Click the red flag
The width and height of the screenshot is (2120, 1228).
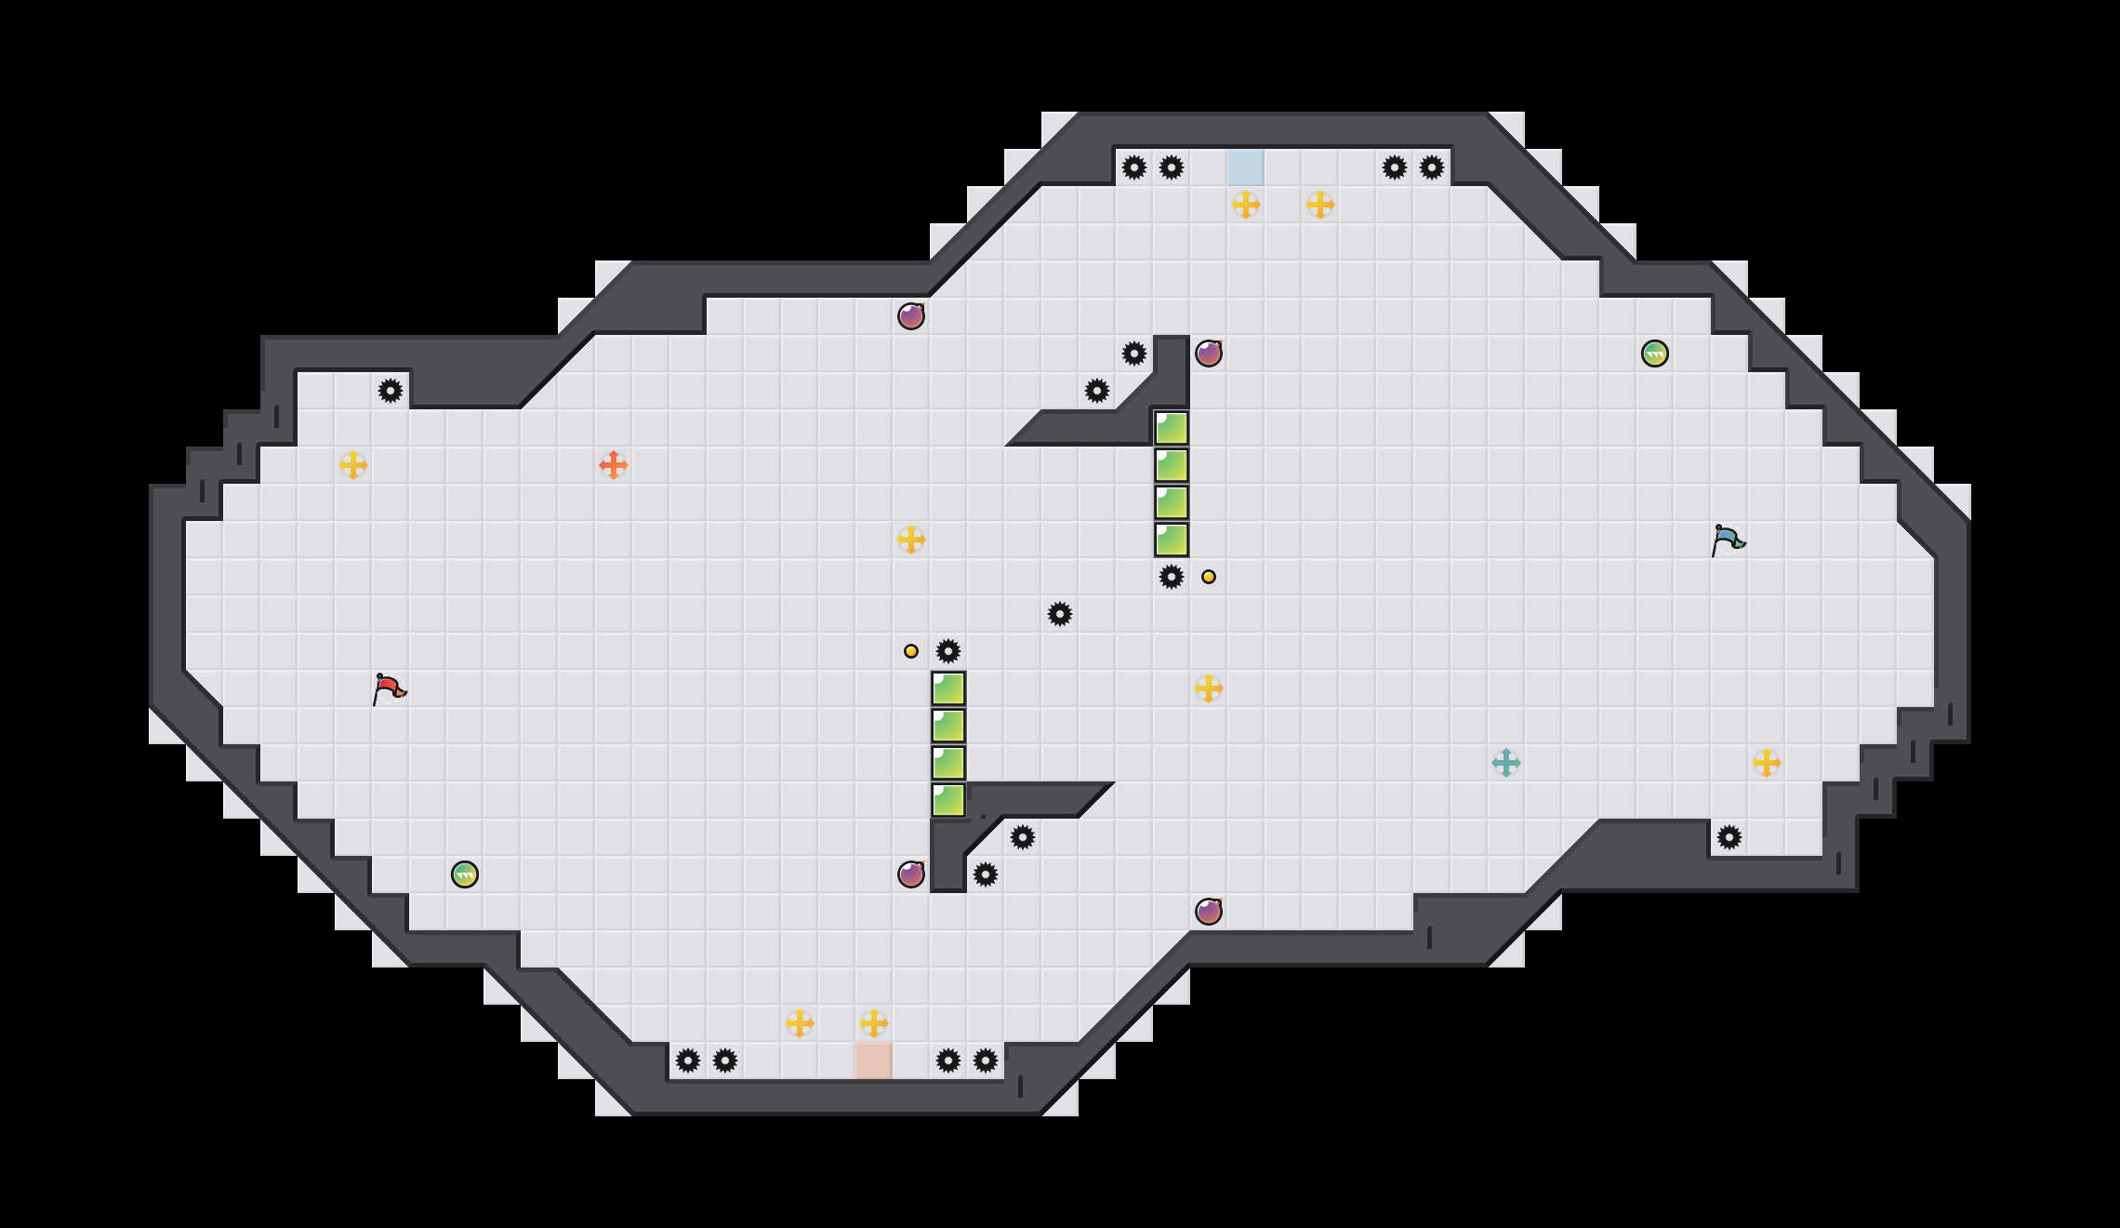pyautogui.click(x=389, y=689)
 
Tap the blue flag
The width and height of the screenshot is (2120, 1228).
pyautogui.click(x=1728, y=541)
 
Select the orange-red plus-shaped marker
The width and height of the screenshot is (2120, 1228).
pyautogui.click(x=614, y=465)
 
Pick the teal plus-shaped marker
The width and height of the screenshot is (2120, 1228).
pyautogui.click(x=1506, y=763)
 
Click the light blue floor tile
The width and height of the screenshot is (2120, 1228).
pyautogui.click(x=1246, y=167)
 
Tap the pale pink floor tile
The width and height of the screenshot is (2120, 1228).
pyautogui.click(x=874, y=1061)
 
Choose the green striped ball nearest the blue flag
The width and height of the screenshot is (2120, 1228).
pyautogui.click(x=1655, y=354)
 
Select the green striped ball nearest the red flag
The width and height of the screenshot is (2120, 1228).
pyautogui.click(x=465, y=874)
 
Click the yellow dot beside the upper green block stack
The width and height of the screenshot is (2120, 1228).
pyautogui.click(x=1209, y=577)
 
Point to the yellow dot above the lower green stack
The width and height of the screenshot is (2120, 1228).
pyautogui.click(x=911, y=651)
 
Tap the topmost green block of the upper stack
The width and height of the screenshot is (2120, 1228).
pyautogui.click(x=1172, y=428)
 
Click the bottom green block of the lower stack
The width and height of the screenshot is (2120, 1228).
pyautogui.click(x=948, y=800)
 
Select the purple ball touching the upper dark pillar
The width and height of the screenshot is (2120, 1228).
pyautogui.click(x=1209, y=354)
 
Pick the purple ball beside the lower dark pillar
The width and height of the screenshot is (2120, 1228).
pyautogui.click(x=911, y=874)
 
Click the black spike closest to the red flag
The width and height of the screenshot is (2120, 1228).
pyautogui.click(x=391, y=391)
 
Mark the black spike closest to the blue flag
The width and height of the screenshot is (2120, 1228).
pyautogui.click(x=1729, y=837)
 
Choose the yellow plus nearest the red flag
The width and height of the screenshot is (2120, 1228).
pyautogui.click(x=353, y=465)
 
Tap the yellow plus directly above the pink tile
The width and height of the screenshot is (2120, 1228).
pyautogui.click(x=874, y=1023)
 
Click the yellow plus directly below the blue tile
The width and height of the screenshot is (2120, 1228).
pyautogui.click(x=1246, y=205)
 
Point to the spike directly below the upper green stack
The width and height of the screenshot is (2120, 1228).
pyautogui.click(x=1172, y=577)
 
